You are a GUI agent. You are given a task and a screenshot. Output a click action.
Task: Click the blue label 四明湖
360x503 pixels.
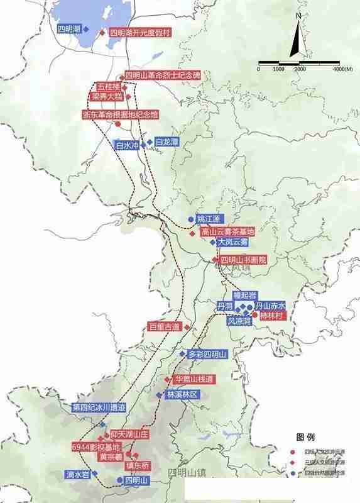click(68, 29)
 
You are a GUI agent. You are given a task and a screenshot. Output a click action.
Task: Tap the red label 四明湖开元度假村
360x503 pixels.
click(140, 33)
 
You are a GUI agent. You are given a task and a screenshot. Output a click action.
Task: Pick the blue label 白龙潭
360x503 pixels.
click(166, 143)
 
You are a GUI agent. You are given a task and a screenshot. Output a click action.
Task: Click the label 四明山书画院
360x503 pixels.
click(243, 259)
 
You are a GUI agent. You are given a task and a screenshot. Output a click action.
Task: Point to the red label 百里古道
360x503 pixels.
click(164, 327)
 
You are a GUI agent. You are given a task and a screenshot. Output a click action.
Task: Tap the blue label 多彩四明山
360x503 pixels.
click(210, 355)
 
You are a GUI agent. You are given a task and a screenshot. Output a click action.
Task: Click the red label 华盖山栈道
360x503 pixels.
click(194, 380)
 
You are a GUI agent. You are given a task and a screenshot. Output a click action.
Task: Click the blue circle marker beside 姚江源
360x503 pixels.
click(190, 219)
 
